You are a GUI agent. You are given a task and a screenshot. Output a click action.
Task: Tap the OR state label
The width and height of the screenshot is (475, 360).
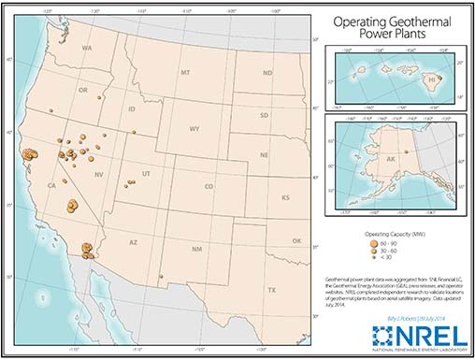click(x=82, y=91)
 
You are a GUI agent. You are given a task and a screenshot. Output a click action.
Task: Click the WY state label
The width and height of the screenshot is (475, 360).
click(x=194, y=129)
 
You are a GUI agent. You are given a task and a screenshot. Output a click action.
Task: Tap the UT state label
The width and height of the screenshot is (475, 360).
click(x=147, y=174)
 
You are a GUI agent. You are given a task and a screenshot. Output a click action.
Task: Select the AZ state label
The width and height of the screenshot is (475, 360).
click(x=133, y=241)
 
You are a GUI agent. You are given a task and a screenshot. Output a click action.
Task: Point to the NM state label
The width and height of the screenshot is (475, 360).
click(x=196, y=249)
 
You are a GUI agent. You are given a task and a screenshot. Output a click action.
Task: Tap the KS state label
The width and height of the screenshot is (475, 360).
click(x=285, y=197)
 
